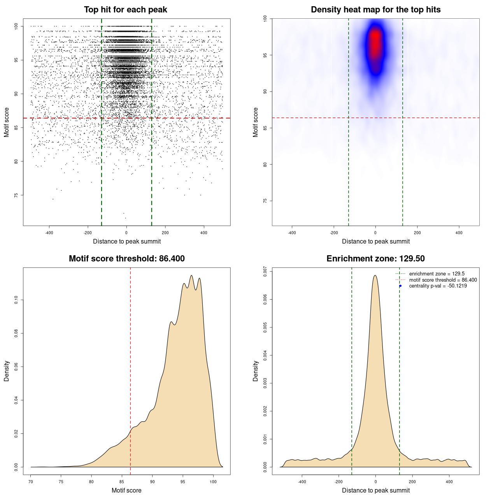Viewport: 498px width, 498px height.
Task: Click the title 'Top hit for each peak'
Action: [125, 10]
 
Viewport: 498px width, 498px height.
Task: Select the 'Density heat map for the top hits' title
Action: [375, 10]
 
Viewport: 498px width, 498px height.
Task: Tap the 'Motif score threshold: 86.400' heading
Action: [126, 259]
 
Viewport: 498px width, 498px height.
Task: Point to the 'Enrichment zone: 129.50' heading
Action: [375, 259]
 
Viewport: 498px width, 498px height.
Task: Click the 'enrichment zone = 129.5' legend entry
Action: [437, 274]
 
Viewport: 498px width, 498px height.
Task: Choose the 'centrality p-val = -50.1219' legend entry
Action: [438, 286]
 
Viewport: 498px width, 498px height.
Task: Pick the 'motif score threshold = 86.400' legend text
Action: [443, 280]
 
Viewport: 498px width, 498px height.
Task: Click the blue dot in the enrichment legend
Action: [400, 286]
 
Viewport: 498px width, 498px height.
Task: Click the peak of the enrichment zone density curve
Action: [375, 275]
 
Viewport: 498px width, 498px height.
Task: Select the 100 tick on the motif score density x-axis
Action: [213, 482]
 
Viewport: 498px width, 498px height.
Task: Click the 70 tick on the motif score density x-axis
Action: [31, 482]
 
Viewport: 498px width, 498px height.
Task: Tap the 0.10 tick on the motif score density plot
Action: [16, 300]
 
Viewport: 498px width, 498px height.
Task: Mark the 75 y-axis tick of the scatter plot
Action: [16, 195]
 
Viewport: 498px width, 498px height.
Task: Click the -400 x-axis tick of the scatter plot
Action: [49, 233]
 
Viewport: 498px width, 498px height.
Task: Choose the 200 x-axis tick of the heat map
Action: [417, 233]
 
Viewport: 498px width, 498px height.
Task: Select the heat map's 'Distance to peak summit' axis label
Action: [375, 242]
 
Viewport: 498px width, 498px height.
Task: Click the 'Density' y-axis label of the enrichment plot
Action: [256, 371]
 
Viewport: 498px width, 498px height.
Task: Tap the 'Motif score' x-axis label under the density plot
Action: [126, 491]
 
